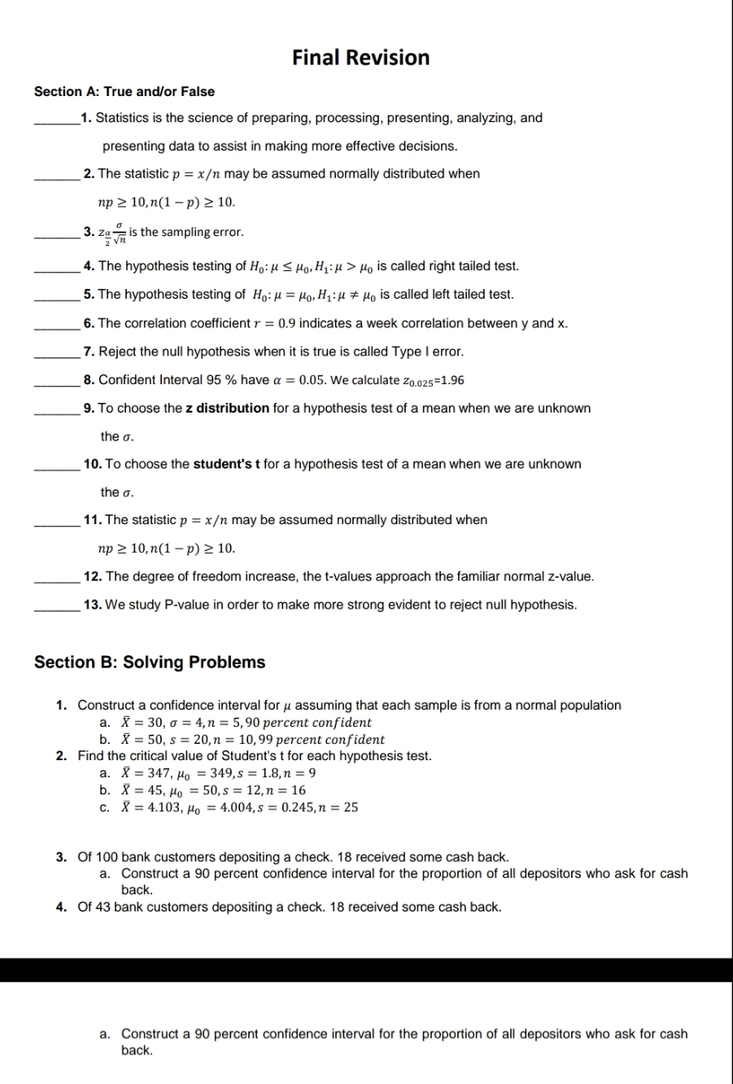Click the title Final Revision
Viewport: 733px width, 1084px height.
coord(360,58)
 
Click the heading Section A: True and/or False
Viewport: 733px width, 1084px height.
coord(124,91)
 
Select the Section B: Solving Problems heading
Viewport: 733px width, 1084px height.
coord(150,662)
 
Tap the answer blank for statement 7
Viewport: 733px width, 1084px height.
coord(57,352)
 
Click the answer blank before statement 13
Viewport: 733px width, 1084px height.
coord(57,605)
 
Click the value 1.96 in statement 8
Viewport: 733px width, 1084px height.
coord(452,380)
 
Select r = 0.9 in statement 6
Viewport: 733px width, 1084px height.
coord(277,324)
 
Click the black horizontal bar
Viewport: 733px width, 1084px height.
coord(366,970)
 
